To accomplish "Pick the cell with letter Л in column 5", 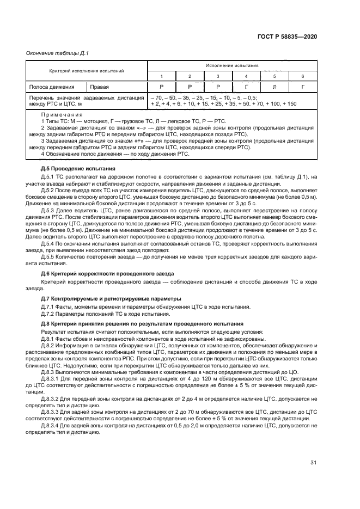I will pos(274,87).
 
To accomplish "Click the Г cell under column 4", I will pos(246,87).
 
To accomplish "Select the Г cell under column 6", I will pos(303,87).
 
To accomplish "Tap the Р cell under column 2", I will pos(190,87).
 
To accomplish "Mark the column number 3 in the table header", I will pos(218,76).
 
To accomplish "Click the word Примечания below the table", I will pos(62,115).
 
